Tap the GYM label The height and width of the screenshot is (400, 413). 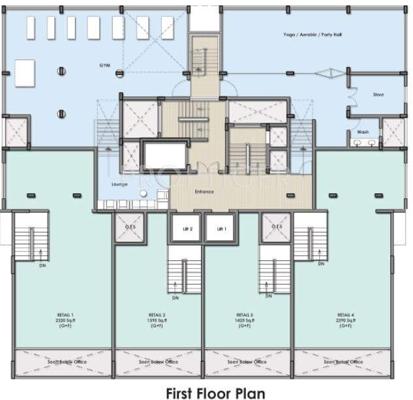tap(104, 66)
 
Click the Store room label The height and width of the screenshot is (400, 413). tap(378, 95)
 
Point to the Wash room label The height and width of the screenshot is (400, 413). tap(363, 132)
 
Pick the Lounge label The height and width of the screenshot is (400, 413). tap(119, 184)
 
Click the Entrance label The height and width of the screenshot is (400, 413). tap(204, 192)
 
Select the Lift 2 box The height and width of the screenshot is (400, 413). tap(187, 229)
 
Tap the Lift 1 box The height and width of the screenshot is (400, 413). tap(221, 229)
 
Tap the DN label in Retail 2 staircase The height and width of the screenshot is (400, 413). tap(176, 298)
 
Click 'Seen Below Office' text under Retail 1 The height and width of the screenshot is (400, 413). tap(67, 361)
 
